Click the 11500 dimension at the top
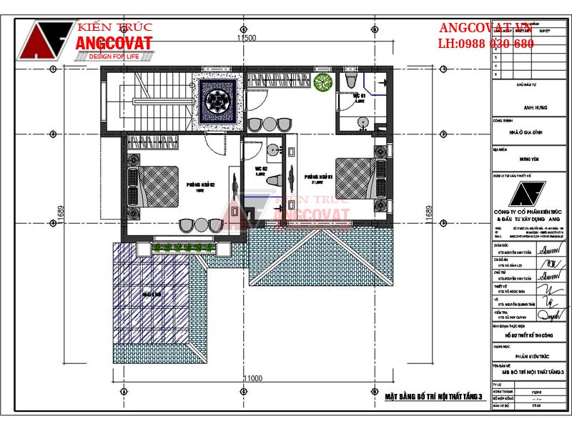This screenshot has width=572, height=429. pyautogui.click(x=247, y=38)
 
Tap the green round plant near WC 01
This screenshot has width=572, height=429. pyautogui.click(x=323, y=82)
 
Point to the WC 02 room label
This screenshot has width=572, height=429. pyautogui.click(x=260, y=170)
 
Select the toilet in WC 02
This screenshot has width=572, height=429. pyautogui.click(x=272, y=184)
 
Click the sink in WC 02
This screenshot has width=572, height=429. pyautogui.click(x=272, y=151)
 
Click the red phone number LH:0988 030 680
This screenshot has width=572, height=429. pyautogui.click(x=485, y=44)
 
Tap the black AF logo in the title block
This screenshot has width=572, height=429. pyautogui.click(x=527, y=194)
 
